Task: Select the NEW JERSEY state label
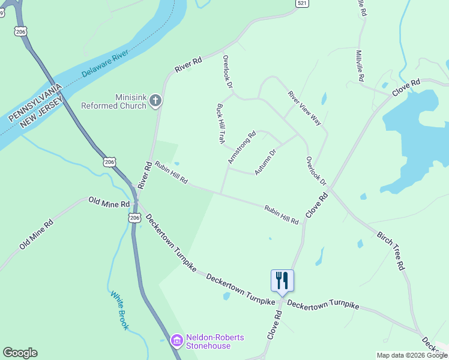(41, 113)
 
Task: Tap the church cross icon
(155, 101)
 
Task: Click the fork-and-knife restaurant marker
(282, 280)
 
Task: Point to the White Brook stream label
(119, 310)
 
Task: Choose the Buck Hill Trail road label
(220, 123)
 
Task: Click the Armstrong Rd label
(242, 148)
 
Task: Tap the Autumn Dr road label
(265, 162)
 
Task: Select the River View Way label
(304, 108)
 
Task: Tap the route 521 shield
(303, 4)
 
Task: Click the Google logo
(20, 353)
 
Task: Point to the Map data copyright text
(412, 355)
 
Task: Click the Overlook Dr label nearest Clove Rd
(315, 171)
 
